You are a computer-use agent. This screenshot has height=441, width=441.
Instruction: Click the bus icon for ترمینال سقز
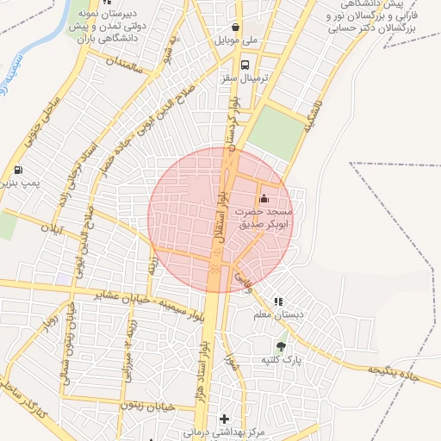(x=246, y=65)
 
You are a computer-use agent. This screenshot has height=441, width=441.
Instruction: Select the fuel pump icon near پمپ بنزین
(x=20, y=170)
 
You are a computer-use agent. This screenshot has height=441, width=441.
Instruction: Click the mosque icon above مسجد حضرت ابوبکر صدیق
(x=264, y=200)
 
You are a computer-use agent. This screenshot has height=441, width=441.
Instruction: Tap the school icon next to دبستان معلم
(x=277, y=302)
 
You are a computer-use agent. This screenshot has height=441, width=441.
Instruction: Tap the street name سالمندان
(x=121, y=63)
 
